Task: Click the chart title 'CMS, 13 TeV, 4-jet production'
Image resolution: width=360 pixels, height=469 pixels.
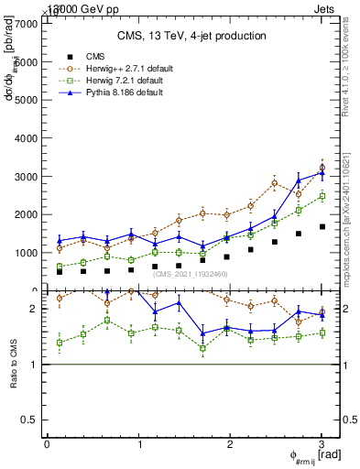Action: coord(191,36)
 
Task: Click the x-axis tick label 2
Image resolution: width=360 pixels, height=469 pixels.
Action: coord(230,444)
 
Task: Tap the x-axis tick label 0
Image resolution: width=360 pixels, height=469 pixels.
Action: coord(47,444)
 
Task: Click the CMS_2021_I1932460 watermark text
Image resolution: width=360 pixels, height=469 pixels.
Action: coord(191,273)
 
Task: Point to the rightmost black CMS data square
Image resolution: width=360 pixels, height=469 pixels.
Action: coord(322,226)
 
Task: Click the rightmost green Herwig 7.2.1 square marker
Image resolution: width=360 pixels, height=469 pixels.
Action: coord(322,196)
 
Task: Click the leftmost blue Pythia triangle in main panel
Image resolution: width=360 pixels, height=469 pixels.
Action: coord(60,241)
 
